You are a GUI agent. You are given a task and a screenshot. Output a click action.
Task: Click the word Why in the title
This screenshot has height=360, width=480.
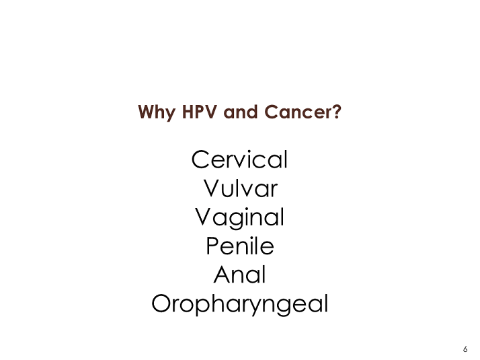(x=157, y=112)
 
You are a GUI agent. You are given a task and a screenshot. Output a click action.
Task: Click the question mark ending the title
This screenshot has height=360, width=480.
(x=336, y=112)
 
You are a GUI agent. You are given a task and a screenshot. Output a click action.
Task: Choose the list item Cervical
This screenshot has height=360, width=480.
(x=240, y=159)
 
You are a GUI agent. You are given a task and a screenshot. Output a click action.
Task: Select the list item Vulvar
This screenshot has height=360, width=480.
(x=241, y=188)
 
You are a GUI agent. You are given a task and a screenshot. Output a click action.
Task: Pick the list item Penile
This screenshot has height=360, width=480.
(x=240, y=246)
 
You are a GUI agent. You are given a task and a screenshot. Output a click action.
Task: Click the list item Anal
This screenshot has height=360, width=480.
(x=240, y=275)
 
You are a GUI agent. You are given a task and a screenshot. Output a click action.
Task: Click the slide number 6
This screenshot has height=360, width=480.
(x=465, y=349)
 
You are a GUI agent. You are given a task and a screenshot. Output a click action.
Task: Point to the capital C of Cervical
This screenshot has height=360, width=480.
(x=200, y=159)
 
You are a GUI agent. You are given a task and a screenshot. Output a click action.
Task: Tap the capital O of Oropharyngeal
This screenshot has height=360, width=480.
(x=161, y=303)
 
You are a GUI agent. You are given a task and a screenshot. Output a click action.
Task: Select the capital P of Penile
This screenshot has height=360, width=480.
(x=212, y=246)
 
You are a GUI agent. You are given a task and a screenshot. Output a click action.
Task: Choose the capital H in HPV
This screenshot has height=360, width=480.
(x=188, y=112)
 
